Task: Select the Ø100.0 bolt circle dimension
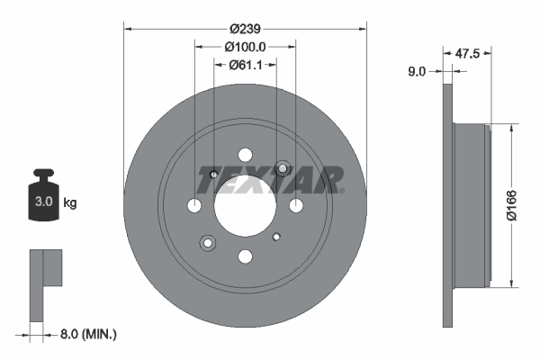(245, 46)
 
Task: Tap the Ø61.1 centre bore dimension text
(245, 64)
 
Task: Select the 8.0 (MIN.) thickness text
(86, 334)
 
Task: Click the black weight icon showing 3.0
(43, 194)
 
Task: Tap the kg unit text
(70, 203)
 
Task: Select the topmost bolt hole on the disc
(245, 155)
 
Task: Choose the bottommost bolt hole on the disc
(245, 256)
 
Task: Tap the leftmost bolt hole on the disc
(194, 206)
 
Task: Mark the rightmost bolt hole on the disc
(296, 206)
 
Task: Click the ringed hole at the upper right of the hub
(283, 168)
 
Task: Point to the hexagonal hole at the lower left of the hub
(208, 243)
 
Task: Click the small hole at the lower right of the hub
(277, 238)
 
